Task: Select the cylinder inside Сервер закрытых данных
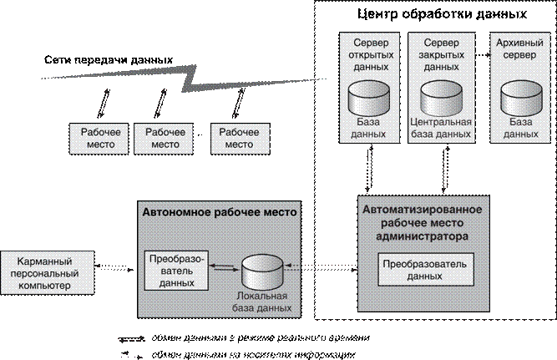pos(442,99)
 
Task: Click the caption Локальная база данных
pos(262,302)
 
